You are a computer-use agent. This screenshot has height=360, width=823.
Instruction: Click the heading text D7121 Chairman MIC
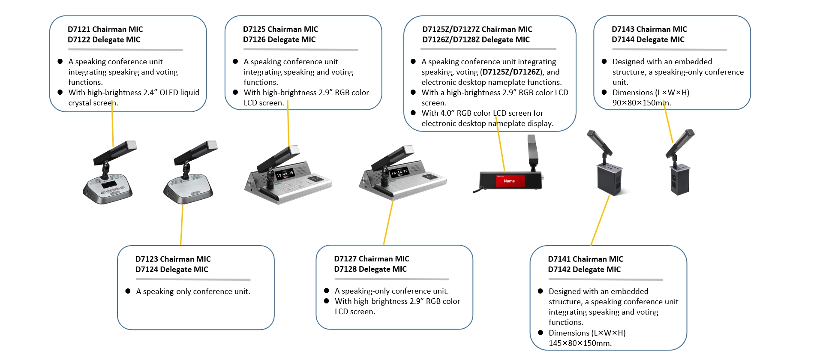point(105,29)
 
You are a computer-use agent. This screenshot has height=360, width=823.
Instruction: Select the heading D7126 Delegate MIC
point(279,39)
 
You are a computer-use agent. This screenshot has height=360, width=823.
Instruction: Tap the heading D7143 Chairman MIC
point(649,29)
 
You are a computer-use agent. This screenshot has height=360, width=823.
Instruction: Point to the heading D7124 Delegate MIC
point(171,269)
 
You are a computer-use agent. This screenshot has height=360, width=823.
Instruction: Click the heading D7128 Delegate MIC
point(370,269)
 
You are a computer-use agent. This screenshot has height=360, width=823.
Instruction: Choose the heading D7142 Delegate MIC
point(584,269)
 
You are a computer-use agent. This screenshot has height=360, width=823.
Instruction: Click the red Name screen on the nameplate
point(510,181)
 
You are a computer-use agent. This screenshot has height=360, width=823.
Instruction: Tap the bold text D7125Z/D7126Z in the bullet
point(511,72)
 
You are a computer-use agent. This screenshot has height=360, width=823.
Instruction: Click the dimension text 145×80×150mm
point(580,343)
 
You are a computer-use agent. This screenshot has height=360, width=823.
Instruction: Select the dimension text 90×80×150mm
point(641,103)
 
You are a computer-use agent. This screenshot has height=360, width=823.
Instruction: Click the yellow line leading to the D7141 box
point(600,220)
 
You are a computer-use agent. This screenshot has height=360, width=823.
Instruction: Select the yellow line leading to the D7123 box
point(182,225)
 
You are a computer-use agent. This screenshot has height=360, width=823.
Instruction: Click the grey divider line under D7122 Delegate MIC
point(125,50)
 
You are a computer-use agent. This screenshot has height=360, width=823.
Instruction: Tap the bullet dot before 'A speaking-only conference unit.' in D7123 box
point(128,291)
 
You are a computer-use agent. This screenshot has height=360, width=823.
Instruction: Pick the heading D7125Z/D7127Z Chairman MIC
point(477,29)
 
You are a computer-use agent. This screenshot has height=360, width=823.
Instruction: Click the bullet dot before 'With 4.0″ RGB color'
point(413,113)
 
